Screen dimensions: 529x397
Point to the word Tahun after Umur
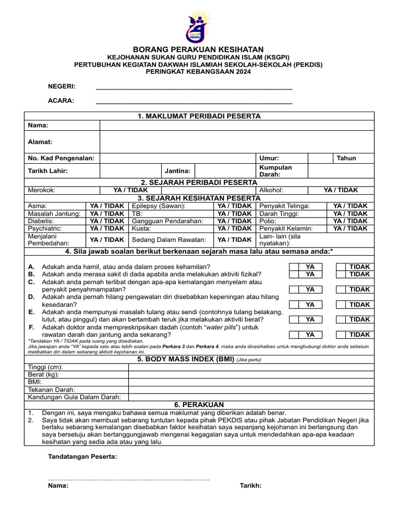[x=346, y=158]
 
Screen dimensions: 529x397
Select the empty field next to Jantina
[x=225, y=170]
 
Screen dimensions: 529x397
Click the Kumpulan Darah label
[x=276, y=171]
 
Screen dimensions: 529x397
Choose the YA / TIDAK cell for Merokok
[x=123, y=190]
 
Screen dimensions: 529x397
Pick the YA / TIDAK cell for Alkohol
[x=341, y=190]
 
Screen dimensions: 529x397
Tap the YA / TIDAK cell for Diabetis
[x=107, y=221]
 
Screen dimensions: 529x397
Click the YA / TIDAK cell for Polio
[x=350, y=221]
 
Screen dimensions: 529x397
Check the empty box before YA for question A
[x=293, y=267]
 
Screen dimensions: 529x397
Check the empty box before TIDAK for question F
[x=341, y=335]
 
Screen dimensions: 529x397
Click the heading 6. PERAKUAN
[x=198, y=404]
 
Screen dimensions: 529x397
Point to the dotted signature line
[x=129, y=479]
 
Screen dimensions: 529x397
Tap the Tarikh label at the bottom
[x=250, y=486]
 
